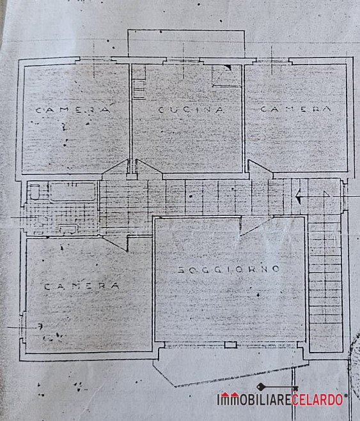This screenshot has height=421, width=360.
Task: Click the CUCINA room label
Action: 191,110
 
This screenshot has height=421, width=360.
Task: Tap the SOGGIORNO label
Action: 229,270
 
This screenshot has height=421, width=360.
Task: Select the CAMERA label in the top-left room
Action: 73,109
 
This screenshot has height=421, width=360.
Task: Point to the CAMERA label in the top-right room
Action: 295,109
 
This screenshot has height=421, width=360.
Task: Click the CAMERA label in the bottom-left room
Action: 81,286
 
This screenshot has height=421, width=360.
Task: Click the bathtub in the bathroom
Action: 72,192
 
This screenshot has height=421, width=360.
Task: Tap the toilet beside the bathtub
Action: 34,192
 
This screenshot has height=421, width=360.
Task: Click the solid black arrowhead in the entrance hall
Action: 298,197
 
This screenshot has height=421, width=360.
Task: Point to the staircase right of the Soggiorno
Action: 325,284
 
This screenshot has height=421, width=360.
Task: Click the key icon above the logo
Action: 278,387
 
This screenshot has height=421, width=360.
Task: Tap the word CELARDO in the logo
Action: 317,400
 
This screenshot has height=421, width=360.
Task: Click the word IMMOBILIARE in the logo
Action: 254,400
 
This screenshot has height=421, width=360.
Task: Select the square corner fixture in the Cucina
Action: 226,75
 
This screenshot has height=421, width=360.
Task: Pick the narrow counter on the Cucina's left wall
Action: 139,82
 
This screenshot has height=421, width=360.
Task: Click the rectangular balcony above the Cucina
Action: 186,43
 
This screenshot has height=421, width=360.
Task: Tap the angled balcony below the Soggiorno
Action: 230,367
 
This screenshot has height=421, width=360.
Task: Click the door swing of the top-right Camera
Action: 260,169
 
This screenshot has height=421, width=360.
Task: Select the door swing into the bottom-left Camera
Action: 116,243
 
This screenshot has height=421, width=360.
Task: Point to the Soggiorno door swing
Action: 254,227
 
